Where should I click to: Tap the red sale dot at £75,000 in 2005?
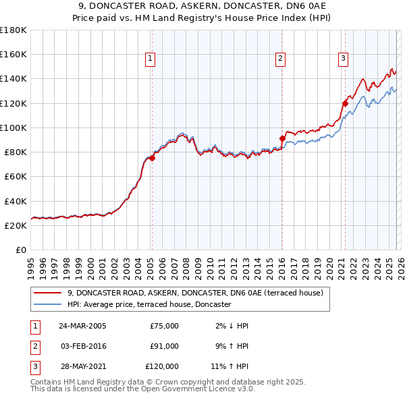[x=152, y=159]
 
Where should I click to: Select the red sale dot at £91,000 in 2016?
[x=282, y=139]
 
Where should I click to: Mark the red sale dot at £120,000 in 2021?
[x=345, y=103]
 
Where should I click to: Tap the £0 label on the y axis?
[x=20, y=250]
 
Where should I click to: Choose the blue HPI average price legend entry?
[x=149, y=305]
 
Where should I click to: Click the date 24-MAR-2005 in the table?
[x=83, y=326]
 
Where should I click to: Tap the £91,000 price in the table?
[x=164, y=346]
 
